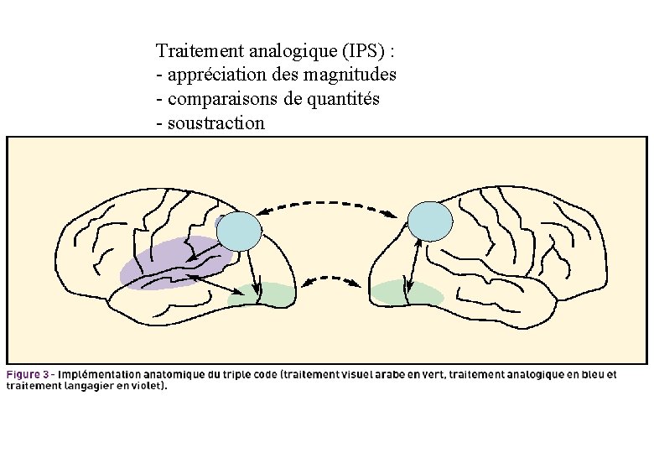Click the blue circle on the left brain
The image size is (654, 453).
coord(239,229)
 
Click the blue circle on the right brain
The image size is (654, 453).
coord(429,221)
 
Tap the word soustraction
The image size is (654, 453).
coord(216,123)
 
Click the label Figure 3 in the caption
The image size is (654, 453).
coord(30,374)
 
